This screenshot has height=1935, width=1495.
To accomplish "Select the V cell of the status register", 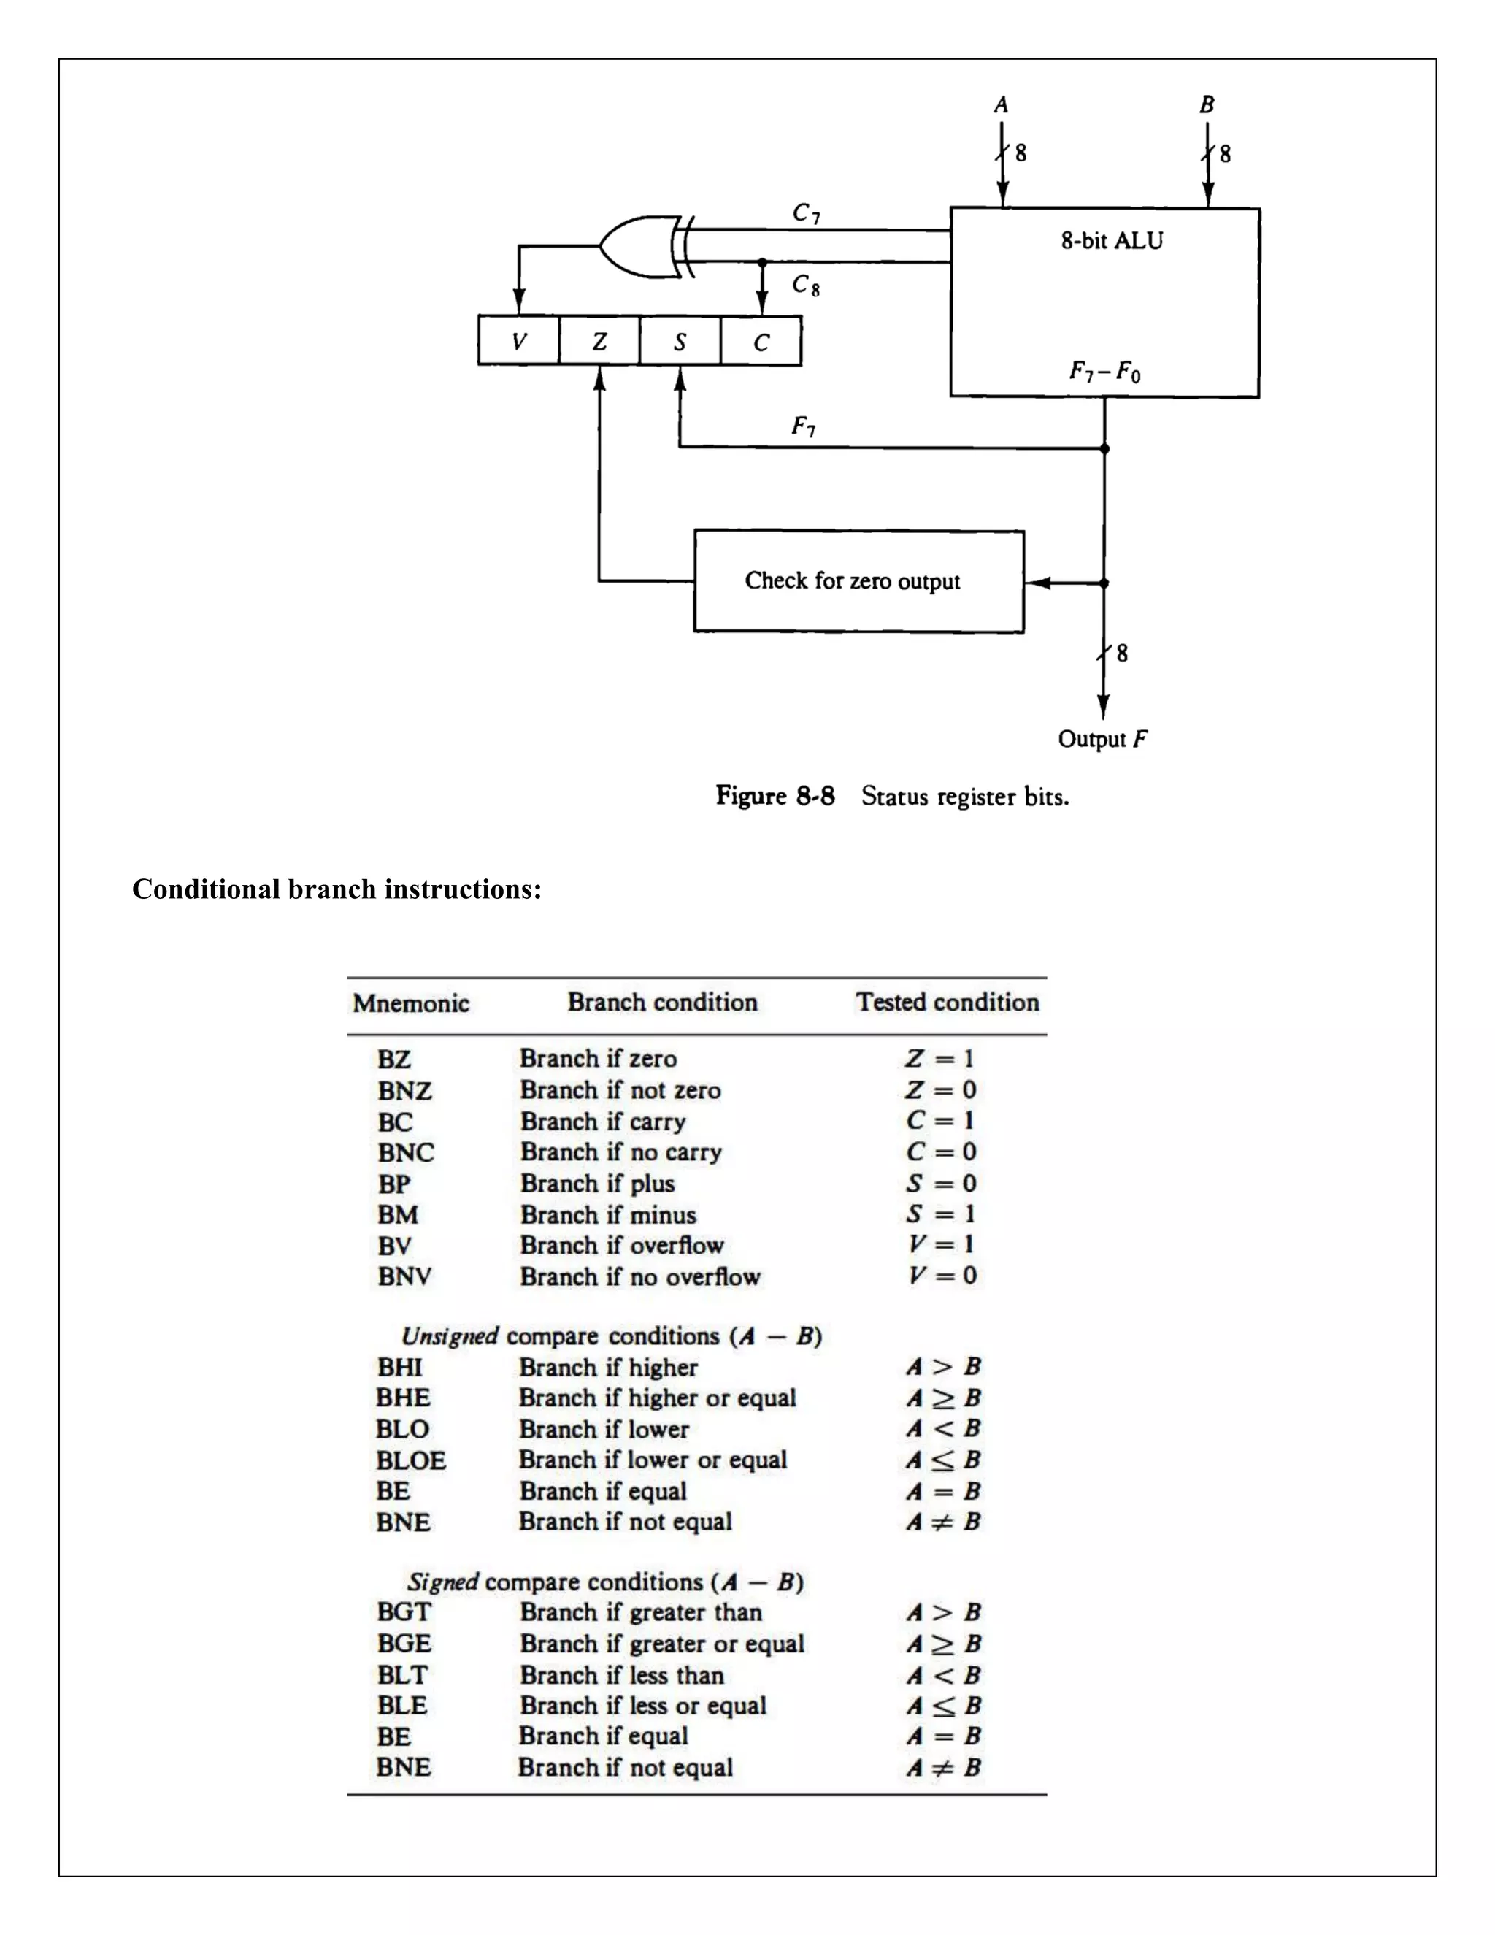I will tap(519, 341).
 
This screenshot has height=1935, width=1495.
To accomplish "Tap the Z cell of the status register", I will tap(599, 341).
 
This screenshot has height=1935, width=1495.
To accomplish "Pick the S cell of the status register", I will tap(680, 341).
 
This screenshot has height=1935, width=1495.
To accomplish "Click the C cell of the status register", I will tap(761, 342).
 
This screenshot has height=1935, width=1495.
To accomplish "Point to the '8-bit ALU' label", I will tap(1112, 241).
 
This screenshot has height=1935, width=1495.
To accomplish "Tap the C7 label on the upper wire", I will tap(806, 212).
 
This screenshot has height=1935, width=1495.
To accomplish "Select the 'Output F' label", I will tap(1102, 739).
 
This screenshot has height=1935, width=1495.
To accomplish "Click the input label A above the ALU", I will tap(1001, 104).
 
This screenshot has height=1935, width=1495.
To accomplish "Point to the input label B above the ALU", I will tap(1206, 104).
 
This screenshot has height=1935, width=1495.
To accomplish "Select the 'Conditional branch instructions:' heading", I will tap(337, 889).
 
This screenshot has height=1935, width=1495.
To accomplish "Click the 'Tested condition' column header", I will tap(947, 1002).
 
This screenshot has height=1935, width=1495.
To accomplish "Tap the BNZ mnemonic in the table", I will tap(404, 1091).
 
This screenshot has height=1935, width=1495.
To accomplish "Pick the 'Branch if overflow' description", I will tap(622, 1246).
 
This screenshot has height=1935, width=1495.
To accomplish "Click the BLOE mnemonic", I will tap(410, 1460).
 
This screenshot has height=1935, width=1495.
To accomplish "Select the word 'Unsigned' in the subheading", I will tap(450, 1336).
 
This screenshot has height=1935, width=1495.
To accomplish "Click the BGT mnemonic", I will tap(404, 1612).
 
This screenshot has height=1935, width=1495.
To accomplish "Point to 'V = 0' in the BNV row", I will tap(942, 1276).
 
